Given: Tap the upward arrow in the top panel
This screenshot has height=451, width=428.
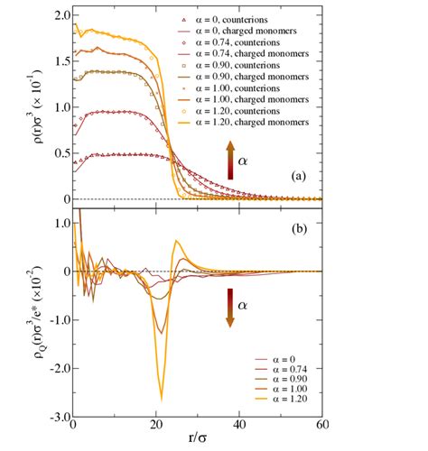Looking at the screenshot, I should pos(230,160).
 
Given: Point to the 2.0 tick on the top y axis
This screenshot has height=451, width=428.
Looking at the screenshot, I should pos(59,16).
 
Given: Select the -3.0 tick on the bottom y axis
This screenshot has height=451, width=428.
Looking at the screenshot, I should pos(55,418).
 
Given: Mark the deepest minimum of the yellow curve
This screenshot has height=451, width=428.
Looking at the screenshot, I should pos(162,398).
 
